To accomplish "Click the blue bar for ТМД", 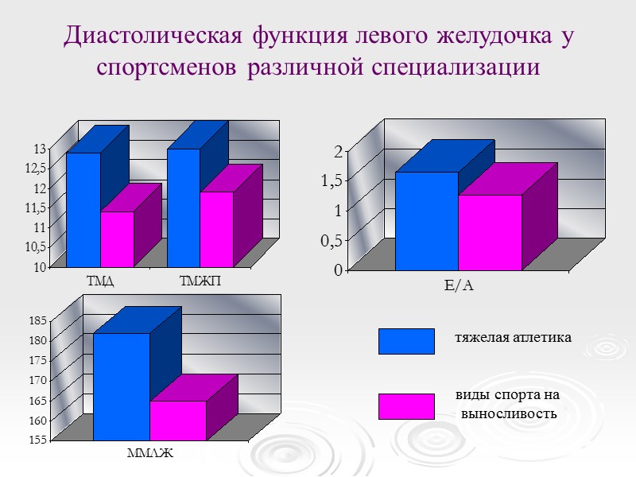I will [x=83, y=210].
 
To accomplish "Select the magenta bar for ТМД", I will [x=117, y=239].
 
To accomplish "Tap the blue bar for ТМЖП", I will [x=183, y=207].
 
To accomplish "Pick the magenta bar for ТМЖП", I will [x=216, y=229].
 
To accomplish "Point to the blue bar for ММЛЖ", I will [x=121, y=386].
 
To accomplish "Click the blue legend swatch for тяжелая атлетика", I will [x=406, y=341].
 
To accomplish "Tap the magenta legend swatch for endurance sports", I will [x=406, y=406].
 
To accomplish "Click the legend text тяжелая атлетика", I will [x=513, y=338].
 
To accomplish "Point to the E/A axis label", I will [x=458, y=285].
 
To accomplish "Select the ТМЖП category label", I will [x=201, y=280].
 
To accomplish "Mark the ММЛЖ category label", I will [x=149, y=454].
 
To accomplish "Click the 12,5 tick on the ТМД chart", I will [x=36, y=168].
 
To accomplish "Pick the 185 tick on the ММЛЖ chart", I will [x=37, y=321].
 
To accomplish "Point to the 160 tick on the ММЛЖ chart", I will [x=37, y=420].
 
